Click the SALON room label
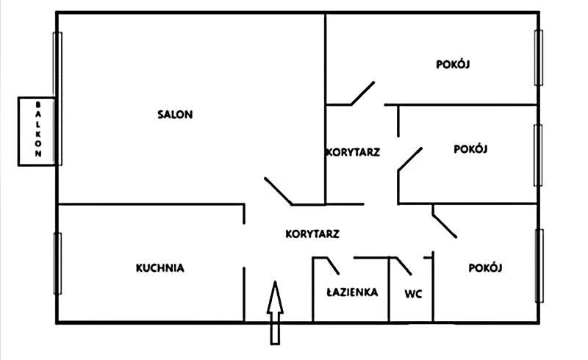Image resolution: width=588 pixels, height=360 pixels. (x=175, y=114)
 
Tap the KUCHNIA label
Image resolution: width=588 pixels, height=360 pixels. (x=159, y=268)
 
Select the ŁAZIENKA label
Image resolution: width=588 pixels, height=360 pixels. (x=352, y=292)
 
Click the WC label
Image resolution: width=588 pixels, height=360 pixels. (x=413, y=294)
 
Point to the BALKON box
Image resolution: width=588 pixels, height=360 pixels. (x=37, y=131)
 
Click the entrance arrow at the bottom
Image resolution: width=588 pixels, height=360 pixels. (x=275, y=312)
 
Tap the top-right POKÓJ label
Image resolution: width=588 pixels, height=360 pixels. (x=453, y=64)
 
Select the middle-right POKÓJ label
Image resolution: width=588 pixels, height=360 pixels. (x=472, y=148)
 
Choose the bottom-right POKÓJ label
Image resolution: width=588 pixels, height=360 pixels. (x=485, y=267)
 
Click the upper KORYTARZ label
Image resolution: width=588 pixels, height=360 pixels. (x=352, y=153)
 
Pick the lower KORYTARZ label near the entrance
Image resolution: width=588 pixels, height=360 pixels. (x=312, y=234)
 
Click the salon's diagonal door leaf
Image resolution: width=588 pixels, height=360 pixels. (x=279, y=190)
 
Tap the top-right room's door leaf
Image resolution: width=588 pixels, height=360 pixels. (x=362, y=93)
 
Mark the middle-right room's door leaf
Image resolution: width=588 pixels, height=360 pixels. (x=410, y=159)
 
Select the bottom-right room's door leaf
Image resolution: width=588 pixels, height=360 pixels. (x=445, y=223)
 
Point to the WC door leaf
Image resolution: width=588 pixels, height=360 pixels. (x=404, y=264)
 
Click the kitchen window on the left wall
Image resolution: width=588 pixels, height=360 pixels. (x=57, y=262)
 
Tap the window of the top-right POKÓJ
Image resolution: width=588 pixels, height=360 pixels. (x=538, y=57)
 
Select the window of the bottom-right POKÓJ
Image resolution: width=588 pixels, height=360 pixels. (x=539, y=265)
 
